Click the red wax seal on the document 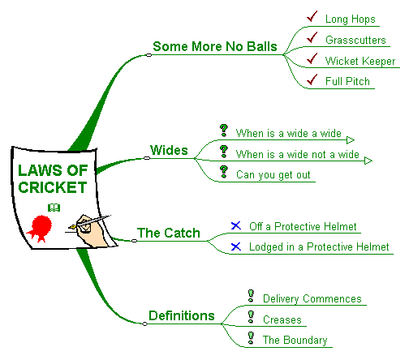pyautogui.click(x=41, y=228)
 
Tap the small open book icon pyautogui.click(x=54, y=208)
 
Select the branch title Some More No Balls pyautogui.click(x=215, y=46)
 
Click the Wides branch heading pyautogui.click(x=169, y=150)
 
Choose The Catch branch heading pyautogui.click(x=169, y=233)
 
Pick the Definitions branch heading pyautogui.click(x=182, y=315)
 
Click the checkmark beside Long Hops pyautogui.click(x=312, y=17)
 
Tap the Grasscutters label pyautogui.click(x=355, y=40)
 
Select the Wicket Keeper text pyautogui.click(x=360, y=61)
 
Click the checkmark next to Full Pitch pyautogui.click(x=312, y=79)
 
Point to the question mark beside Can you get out pyautogui.click(x=224, y=172)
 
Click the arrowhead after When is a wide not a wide pyautogui.click(x=368, y=161)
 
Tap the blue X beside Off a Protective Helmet pyautogui.click(x=236, y=225)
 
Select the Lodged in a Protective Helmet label pyautogui.click(x=319, y=247)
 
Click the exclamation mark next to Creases pyautogui.click(x=251, y=317)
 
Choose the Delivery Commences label pyautogui.click(x=312, y=298)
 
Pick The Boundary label pyautogui.click(x=295, y=340)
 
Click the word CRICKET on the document pyautogui.click(x=53, y=187)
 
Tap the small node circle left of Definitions pyautogui.click(x=144, y=324)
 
